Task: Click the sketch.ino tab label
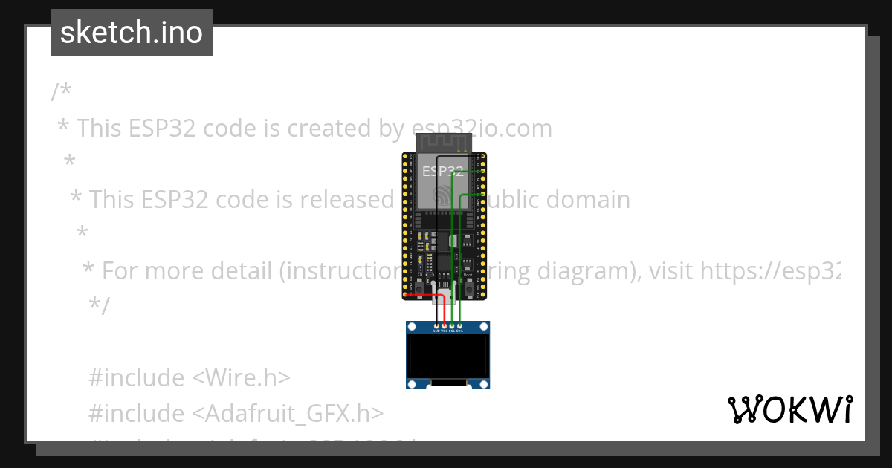click(132, 33)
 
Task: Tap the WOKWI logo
click(789, 409)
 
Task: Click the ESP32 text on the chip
click(443, 171)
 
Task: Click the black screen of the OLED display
click(447, 355)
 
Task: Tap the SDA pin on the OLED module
click(459, 326)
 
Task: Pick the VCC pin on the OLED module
click(444, 326)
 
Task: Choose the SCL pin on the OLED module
click(452, 326)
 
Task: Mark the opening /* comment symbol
click(61, 92)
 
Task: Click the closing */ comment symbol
click(98, 305)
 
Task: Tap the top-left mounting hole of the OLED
click(413, 328)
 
